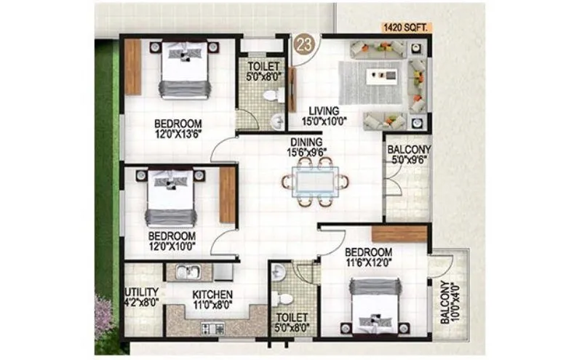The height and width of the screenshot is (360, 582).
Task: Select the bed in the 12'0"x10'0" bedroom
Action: (171, 199)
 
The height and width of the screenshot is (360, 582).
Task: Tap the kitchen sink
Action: (190, 273)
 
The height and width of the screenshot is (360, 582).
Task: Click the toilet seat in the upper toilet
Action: (271, 95)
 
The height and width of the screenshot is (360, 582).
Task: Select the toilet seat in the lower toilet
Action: (286, 297)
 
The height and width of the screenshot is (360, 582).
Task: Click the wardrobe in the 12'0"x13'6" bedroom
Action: (132, 67)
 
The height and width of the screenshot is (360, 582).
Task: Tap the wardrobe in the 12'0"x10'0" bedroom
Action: (228, 195)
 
